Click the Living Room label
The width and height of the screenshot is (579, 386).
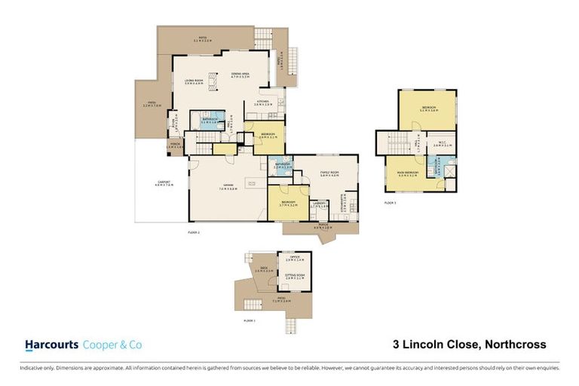[x=195, y=80]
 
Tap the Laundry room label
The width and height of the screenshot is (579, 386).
[x=318, y=204]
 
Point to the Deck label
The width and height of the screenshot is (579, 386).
[x=265, y=269]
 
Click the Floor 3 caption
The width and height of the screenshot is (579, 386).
[x=390, y=204]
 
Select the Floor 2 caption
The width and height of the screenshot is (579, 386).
[x=194, y=233]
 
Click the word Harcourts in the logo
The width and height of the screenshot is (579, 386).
[x=51, y=345]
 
